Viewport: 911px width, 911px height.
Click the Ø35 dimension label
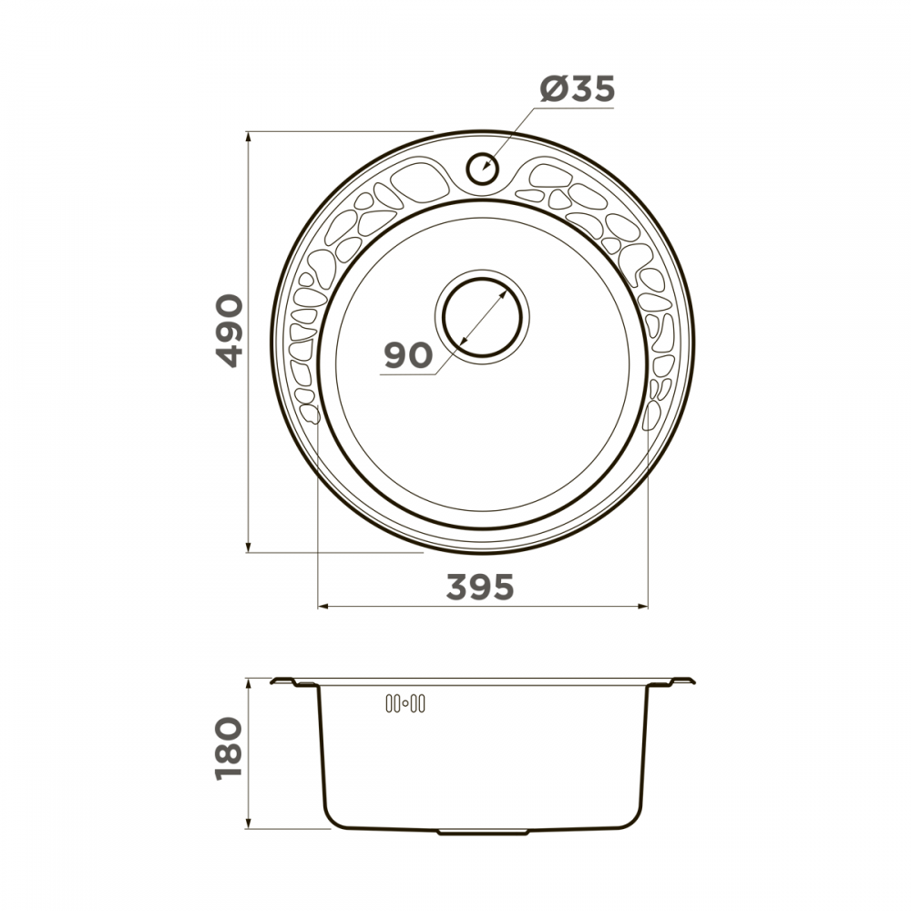click(577, 89)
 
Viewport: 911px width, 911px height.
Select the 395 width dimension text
click(480, 587)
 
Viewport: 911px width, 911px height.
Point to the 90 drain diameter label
click(408, 355)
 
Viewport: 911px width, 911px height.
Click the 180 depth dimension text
click(229, 749)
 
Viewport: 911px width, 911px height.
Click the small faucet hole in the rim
click(482, 168)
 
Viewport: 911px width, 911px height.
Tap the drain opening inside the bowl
click(482, 317)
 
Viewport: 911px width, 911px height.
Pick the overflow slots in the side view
click(405, 703)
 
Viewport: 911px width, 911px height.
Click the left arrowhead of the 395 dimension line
click(323, 607)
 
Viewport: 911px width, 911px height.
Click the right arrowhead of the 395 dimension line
click(642, 607)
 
